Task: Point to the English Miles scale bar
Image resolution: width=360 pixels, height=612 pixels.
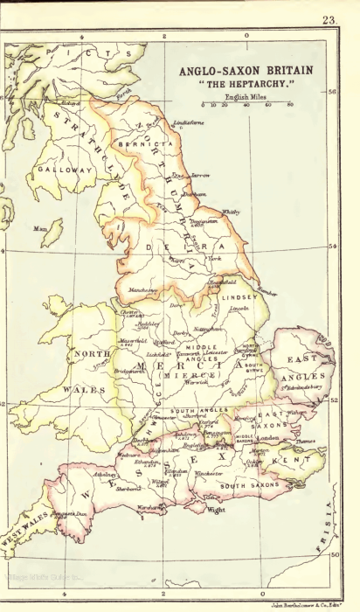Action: pyautogui.click(x=247, y=103)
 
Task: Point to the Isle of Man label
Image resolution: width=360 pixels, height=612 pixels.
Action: pyautogui.click(x=39, y=229)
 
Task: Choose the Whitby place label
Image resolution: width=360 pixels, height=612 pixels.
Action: pyautogui.click(x=231, y=212)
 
